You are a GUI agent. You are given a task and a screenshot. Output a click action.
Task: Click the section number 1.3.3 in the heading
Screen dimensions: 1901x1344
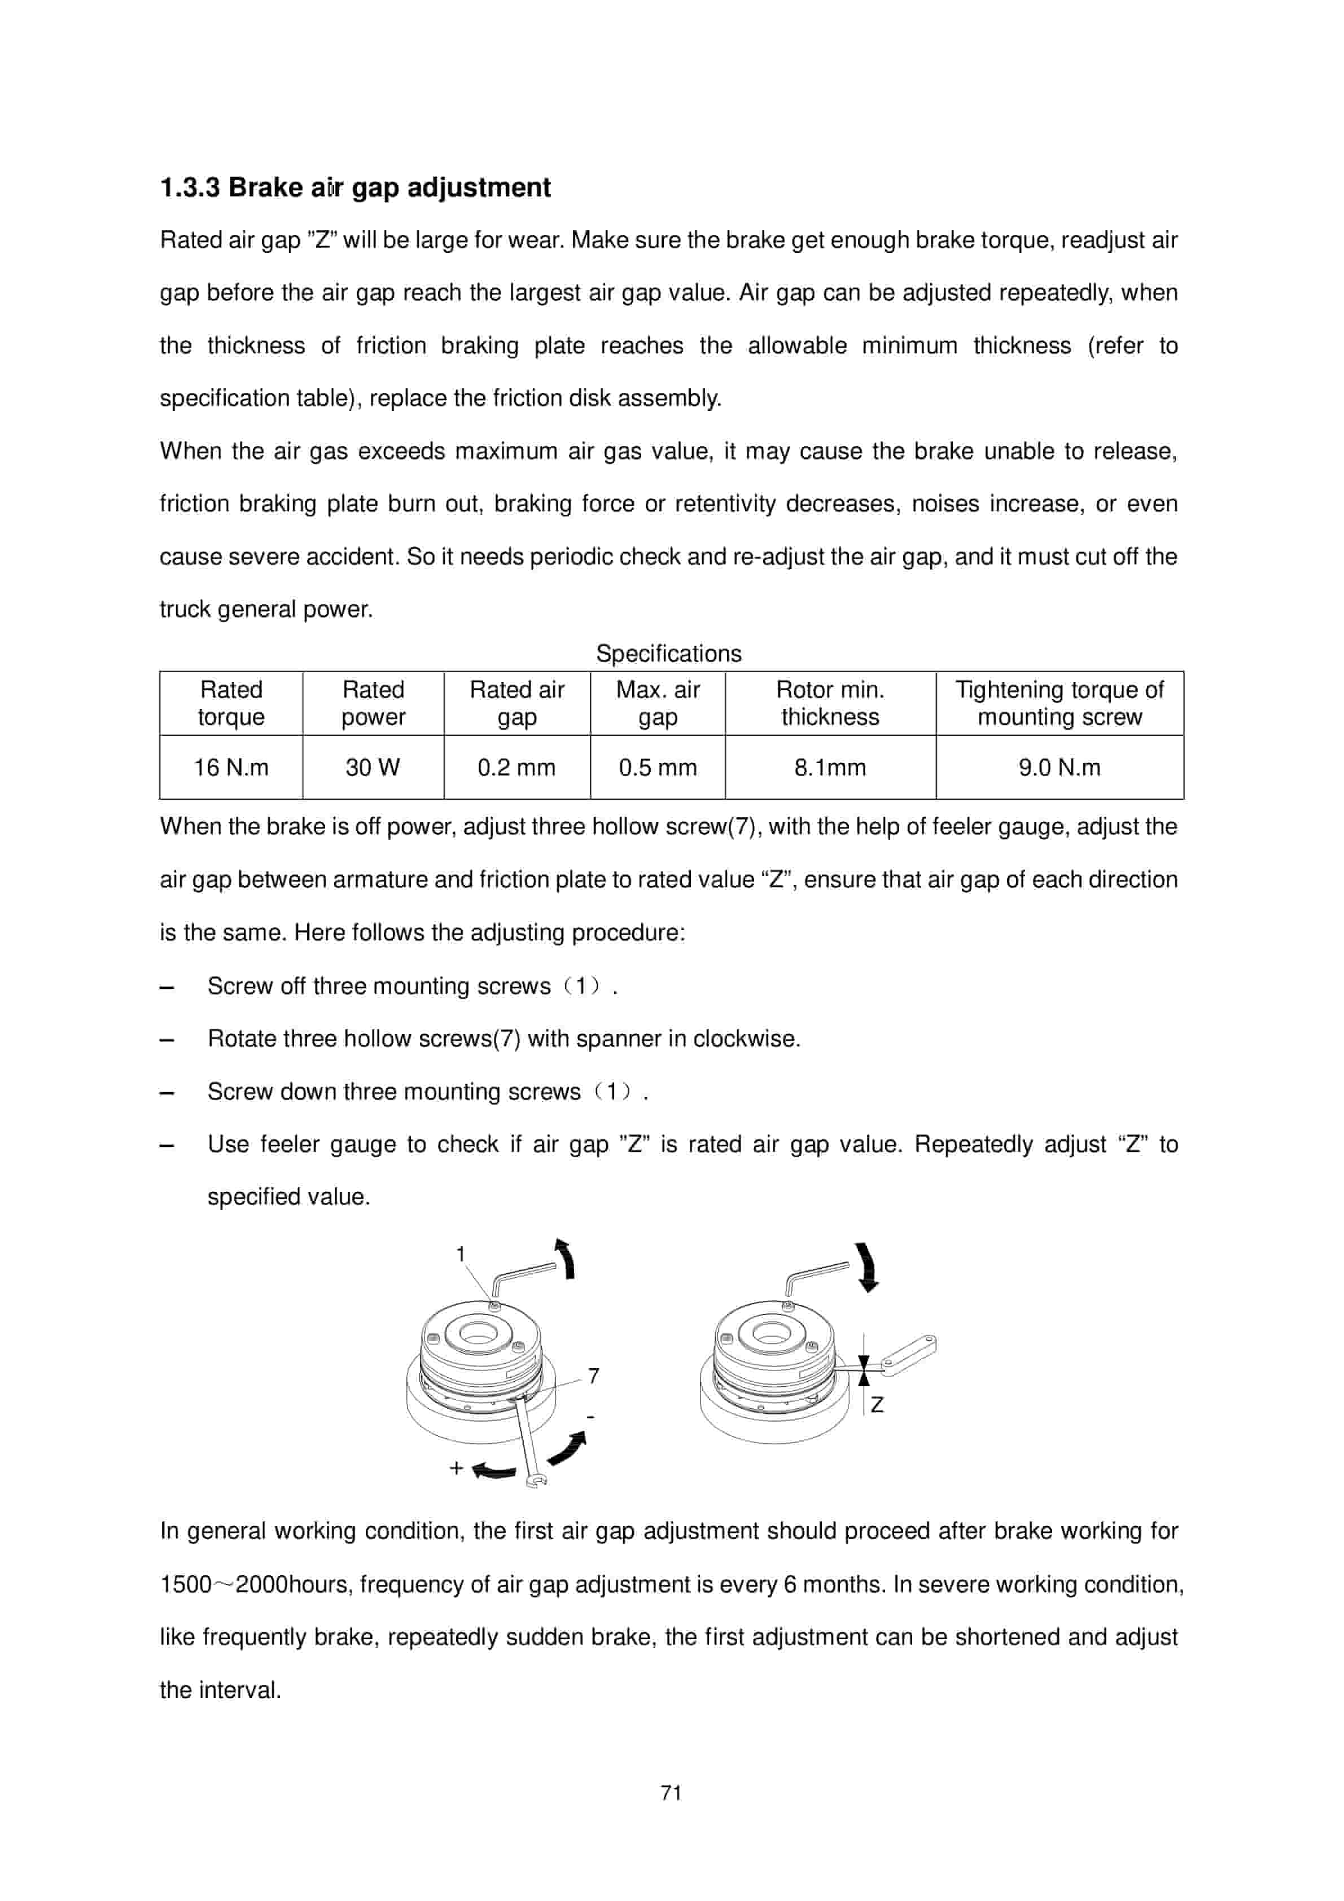(x=190, y=188)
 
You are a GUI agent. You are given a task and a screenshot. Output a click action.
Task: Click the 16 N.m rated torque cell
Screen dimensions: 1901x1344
(x=231, y=768)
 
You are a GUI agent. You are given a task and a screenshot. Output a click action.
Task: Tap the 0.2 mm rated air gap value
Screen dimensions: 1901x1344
(x=516, y=768)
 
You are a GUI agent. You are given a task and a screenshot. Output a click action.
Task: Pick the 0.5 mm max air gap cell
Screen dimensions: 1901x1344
(x=658, y=768)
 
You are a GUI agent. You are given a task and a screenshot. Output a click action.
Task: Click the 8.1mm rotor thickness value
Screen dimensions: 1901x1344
(x=830, y=768)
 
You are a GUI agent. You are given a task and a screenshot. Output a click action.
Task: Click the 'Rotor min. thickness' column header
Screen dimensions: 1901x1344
(x=830, y=703)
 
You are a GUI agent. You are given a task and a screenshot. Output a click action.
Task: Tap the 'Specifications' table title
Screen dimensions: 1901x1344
(x=668, y=654)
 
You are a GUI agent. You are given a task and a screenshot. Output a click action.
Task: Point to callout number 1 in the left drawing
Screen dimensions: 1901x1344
(x=461, y=1254)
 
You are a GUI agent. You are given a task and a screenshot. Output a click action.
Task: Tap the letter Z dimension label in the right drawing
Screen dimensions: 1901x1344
(x=877, y=1405)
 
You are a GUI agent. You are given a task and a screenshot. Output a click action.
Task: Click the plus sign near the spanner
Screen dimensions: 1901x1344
(x=456, y=1469)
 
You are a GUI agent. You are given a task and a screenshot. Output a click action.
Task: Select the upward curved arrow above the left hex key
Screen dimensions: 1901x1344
(x=566, y=1259)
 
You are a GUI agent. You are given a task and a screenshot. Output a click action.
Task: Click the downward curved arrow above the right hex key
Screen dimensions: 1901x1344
(x=867, y=1267)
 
